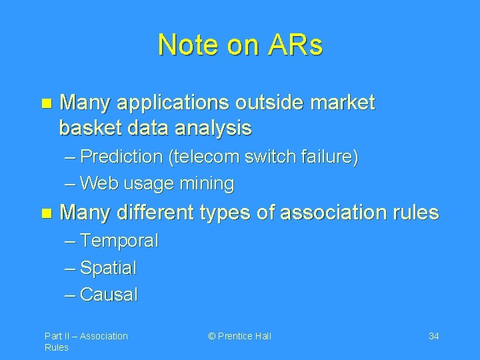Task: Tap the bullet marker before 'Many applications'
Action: tap(45, 103)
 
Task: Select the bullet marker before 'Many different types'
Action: tap(45, 213)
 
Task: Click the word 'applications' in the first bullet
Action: tap(170, 103)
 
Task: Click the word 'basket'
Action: tap(88, 127)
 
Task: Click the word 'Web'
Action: tap(97, 183)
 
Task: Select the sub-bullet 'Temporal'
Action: tap(119, 241)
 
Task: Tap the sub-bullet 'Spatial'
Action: tap(108, 268)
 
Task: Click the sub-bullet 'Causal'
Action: tap(108, 295)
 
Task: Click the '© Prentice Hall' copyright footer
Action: tap(240, 336)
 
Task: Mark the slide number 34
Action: tap(433, 336)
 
